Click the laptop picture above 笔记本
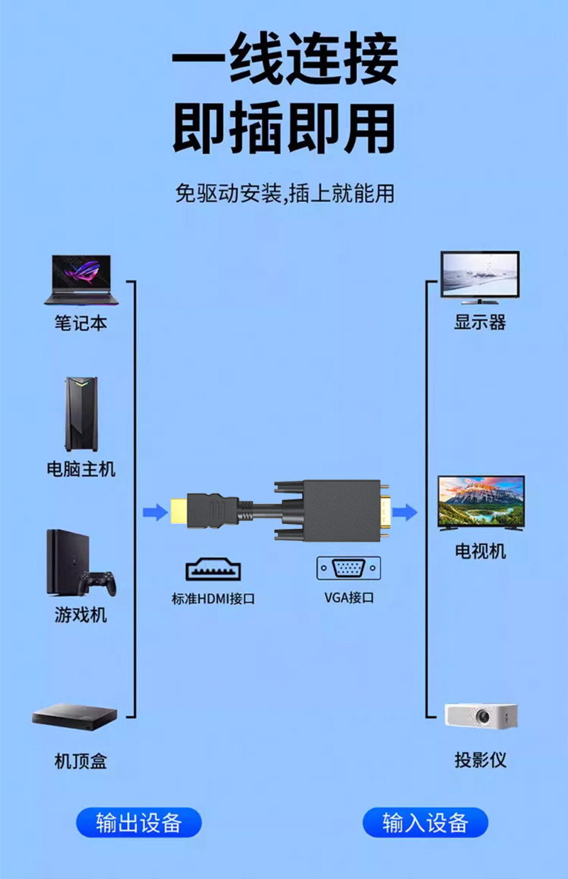[x=81, y=280]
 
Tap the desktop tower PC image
[x=80, y=414]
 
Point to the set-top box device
[x=75, y=715]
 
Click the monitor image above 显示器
[x=480, y=277]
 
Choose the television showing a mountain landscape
[x=481, y=502]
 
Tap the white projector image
[x=481, y=715]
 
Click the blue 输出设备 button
[x=139, y=822]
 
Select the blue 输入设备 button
[x=425, y=822]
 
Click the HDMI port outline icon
[x=213, y=569]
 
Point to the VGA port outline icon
[x=349, y=568]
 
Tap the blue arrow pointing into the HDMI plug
[x=155, y=511]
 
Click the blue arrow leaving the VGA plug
[x=405, y=511]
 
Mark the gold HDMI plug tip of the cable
[x=178, y=511]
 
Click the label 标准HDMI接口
[x=213, y=599]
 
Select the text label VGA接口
[x=349, y=597]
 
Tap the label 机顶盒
[x=80, y=762]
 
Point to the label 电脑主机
[x=80, y=469]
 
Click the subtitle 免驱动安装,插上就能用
[x=284, y=192]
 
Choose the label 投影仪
[x=481, y=760]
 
